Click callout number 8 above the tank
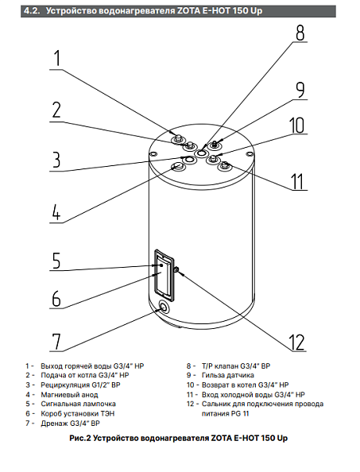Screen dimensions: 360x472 click(x=300, y=33)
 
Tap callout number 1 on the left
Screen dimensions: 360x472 click(x=57, y=58)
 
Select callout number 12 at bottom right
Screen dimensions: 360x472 click(x=296, y=342)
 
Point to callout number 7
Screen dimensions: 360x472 click(x=56, y=342)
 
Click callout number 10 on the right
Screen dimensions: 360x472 click(x=296, y=126)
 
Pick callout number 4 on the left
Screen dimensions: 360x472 click(x=56, y=212)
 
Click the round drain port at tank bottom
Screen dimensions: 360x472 click(x=164, y=307)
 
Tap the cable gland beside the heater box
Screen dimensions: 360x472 click(x=177, y=269)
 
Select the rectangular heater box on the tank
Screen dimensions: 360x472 click(x=164, y=275)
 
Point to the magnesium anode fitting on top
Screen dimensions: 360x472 click(x=177, y=165)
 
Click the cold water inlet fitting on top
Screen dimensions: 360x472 click(x=225, y=165)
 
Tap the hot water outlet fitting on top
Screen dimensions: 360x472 click(x=177, y=138)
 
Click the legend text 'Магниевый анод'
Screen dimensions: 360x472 click(x=69, y=394)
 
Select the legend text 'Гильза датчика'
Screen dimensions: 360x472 click(x=227, y=375)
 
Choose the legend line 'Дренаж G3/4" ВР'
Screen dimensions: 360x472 click(x=70, y=424)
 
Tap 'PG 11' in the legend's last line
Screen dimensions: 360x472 click(x=240, y=414)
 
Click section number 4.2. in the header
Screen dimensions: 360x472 click(x=33, y=11)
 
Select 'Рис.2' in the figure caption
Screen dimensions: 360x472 click(x=80, y=438)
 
